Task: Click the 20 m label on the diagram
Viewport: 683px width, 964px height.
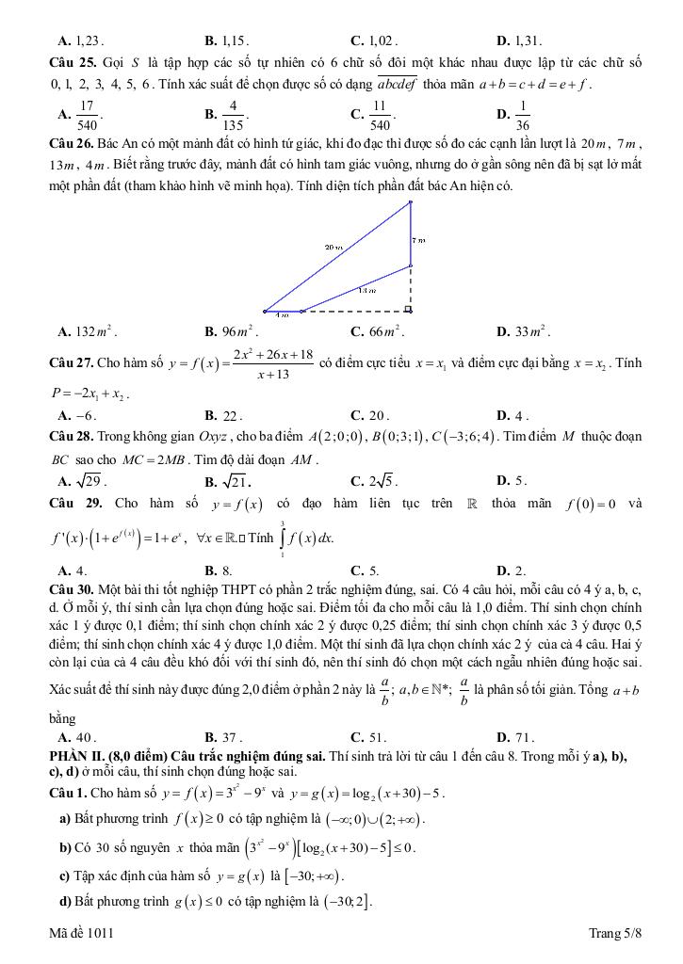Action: (x=332, y=247)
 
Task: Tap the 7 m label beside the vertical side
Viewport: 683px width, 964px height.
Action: (x=420, y=241)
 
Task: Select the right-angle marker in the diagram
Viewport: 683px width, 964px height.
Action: (x=408, y=308)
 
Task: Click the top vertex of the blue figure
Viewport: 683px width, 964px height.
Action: (x=411, y=201)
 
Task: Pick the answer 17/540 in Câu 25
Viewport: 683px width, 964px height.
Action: (x=87, y=115)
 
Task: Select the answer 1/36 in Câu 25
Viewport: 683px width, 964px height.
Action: (x=524, y=115)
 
